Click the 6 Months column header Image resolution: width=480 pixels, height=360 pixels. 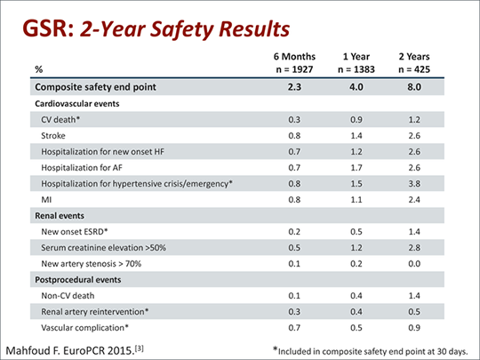pos(294,57)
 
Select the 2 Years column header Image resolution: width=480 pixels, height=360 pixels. pos(414,57)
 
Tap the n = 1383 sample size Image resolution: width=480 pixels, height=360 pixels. pos(356,69)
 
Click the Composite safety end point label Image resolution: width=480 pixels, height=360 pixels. pos(95,87)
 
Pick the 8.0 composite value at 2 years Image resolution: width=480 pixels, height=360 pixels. pos(414,87)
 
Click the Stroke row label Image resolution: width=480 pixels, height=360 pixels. pos(53,136)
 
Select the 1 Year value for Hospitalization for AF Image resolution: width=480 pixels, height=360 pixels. pos(356,168)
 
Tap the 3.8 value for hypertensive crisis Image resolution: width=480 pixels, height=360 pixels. pos(414,184)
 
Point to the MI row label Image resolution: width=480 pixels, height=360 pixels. pos(46,200)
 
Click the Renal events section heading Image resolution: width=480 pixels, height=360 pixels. pos(60,216)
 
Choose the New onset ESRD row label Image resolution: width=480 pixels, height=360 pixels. pos(75,232)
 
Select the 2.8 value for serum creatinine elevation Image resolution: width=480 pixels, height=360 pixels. pos(414,248)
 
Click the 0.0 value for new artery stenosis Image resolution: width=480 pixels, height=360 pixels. pos(414,264)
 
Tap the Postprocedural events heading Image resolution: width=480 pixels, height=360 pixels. pos(78,280)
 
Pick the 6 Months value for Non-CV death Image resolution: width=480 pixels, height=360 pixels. pos(294,296)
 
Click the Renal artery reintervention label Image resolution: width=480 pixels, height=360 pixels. pos(95,312)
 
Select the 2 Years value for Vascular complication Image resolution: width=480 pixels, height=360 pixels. pos(414,327)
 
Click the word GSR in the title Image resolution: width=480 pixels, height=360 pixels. pos(48,29)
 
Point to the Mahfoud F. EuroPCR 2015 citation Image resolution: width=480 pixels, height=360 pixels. pos(75,350)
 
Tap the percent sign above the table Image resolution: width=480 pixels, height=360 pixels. pos(38,69)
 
